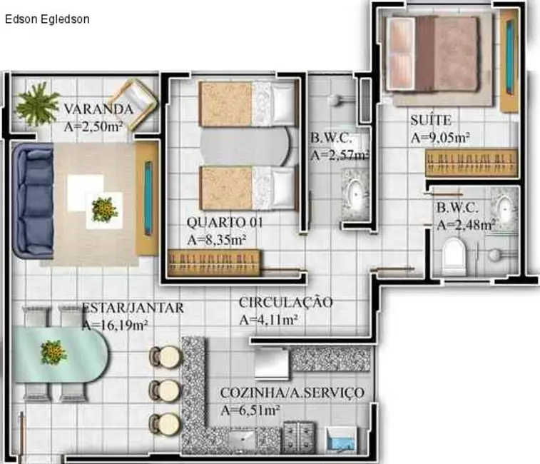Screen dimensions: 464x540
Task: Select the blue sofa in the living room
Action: pyautogui.click(x=31, y=200)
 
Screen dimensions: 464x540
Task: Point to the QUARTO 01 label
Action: pyautogui.click(x=224, y=223)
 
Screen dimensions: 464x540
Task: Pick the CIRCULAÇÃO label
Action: pyautogui.click(x=285, y=302)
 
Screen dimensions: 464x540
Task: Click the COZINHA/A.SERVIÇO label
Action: pyautogui.click(x=292, y=393)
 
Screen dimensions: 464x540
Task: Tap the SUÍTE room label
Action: pyautogui.click(x=430, y=120)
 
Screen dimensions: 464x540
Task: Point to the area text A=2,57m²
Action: pyautogui.click(x=340, y=154)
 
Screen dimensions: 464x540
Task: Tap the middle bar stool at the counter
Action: pyautogui.click(x=164, y=390)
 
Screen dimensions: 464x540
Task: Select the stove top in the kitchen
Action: pyautogui.click(x=299, y=435)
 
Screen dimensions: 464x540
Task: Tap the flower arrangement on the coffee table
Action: pyautogui.click(x=104, y=209)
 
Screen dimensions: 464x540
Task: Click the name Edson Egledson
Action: pyautogui.click(x=47, y=19)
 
